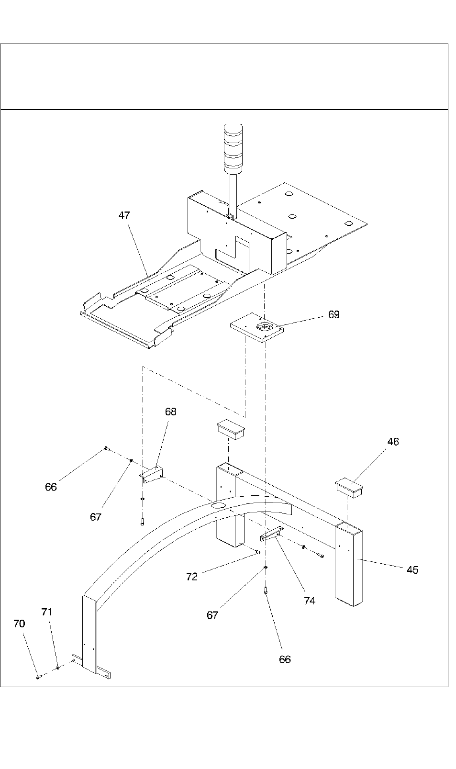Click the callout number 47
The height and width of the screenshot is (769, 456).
[x=124, y=215]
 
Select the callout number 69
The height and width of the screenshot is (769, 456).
[x=334, y=314]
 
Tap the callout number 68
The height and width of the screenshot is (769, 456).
[x=171, y=412]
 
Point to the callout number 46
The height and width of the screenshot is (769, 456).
[x=393, y=442]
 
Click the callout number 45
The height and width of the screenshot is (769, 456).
[x=412, y=570]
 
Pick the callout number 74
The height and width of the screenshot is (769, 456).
[x=310, y=601]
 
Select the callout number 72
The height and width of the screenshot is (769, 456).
[x=192, y=577]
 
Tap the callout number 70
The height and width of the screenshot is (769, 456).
[x=19, y=624]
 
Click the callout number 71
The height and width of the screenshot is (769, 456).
[x=46, y=612]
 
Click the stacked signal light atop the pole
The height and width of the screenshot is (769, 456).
[x=233, y=148]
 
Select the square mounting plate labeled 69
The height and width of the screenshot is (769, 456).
[x=257, y=327]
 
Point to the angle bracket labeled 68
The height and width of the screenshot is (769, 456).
[x=151, y=475]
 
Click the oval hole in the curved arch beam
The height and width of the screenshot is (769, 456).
[x=218, y=505]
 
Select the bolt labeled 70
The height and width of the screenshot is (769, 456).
[x=38, y=677]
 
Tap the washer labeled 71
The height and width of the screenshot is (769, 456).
[x=58, y=668]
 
